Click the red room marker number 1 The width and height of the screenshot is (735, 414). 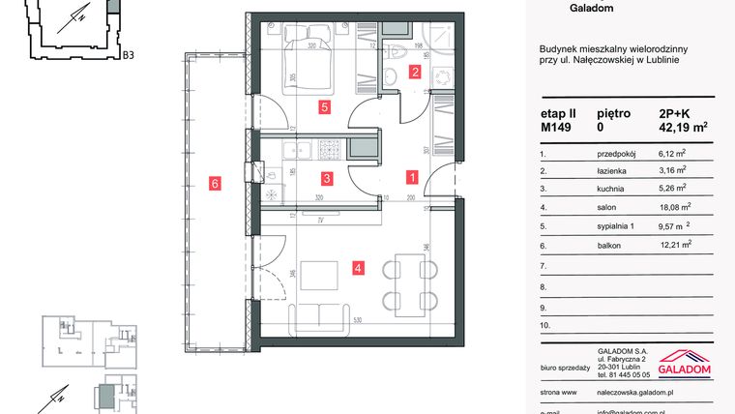coord(412,178)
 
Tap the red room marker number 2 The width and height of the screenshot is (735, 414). coord(414,72)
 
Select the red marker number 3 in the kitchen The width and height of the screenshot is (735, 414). coord(328,178)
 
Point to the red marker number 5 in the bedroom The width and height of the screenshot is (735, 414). coord(325,107)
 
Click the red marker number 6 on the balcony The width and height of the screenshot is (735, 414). coord(215,181)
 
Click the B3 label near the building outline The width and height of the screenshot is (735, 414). coord(128,56)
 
